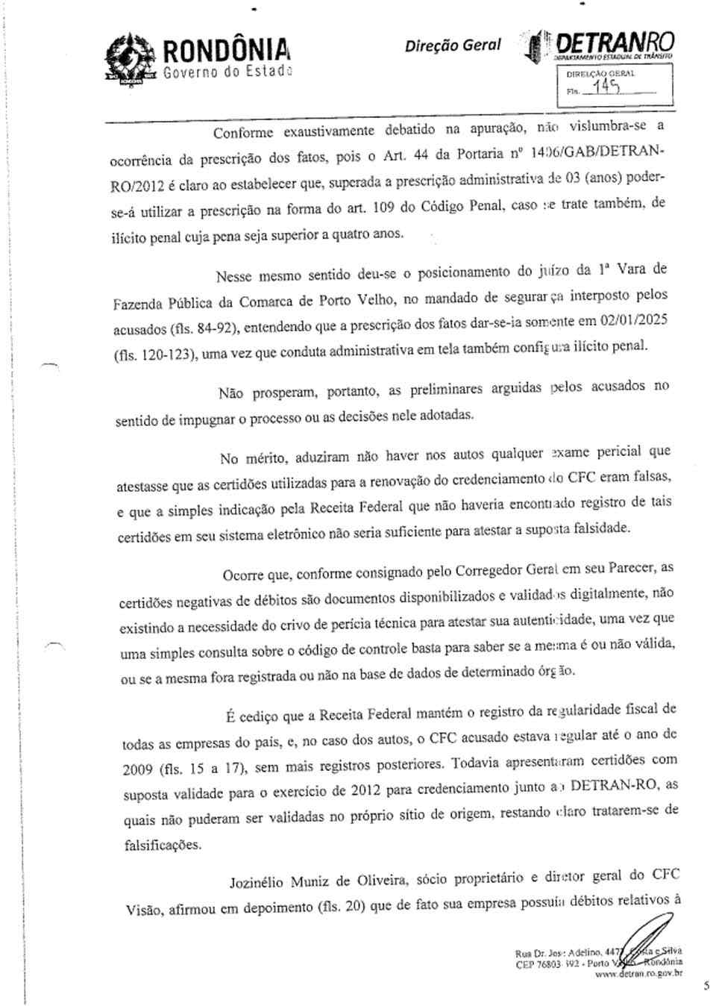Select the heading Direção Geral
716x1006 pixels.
point(453,46)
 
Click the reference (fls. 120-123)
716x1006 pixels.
point(155,354)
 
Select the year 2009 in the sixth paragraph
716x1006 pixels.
point(139,769)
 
